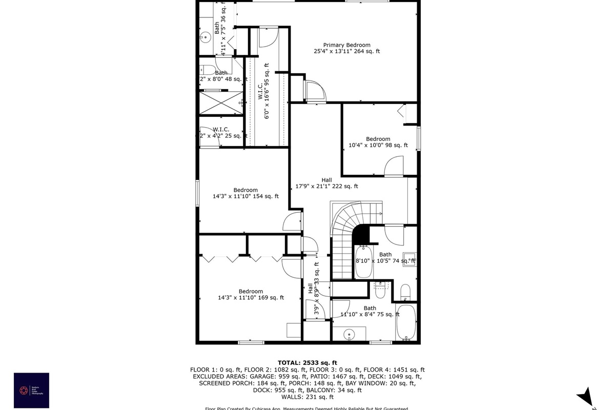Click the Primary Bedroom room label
346,48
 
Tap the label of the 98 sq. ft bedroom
378,142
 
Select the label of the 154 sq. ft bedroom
245,193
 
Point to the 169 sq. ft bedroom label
251,294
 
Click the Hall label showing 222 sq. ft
326,183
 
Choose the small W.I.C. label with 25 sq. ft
221,133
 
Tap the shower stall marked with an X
220,102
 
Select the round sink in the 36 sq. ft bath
205,37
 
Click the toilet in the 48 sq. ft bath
208,70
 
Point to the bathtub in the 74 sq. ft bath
363,261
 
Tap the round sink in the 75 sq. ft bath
349,335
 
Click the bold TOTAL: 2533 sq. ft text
307,362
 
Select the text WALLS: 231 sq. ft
307,397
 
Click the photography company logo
31,391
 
